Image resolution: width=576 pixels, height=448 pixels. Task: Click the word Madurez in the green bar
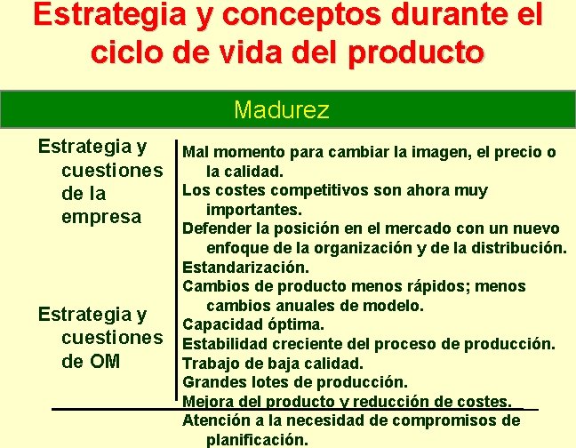pyautogui.click(x=282, y=110)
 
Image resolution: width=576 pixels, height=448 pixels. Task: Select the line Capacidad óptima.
pyautogui.click(x=253, y=324)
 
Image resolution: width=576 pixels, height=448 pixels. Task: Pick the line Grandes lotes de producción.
pyautogui.click(x=295, y=382)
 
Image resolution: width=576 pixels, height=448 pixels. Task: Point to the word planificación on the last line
pyautogui.click(x=257, y=439)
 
